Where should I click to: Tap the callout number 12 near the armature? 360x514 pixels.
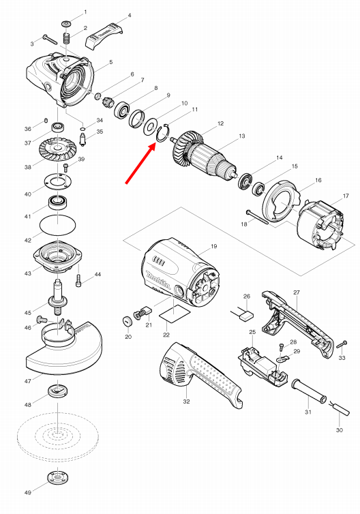click(220, 123)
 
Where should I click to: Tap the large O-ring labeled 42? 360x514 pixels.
click(59, 224)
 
